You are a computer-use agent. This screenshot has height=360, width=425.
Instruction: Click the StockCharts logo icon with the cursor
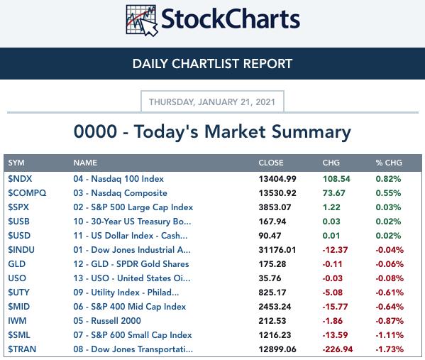coord(142,21)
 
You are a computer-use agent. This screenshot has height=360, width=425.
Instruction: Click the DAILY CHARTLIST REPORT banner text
coord(213,64)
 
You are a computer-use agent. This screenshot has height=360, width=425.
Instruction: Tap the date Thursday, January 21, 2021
coord(212,102)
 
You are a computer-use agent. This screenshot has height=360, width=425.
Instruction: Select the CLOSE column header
coord(271,163)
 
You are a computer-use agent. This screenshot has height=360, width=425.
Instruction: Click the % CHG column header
coord(389,163)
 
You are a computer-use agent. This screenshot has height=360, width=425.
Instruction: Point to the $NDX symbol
coord(20,179)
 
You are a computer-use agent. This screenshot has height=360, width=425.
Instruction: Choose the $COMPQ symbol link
coord(27,193)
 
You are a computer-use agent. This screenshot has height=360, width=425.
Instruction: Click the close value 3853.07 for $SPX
coord(275,207)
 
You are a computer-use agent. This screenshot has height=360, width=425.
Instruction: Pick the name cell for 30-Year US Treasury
coord(132,222)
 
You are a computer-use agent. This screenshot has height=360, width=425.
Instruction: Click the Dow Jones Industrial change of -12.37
coord(335,250)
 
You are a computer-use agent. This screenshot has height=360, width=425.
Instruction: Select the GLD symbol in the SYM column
coord(17,264)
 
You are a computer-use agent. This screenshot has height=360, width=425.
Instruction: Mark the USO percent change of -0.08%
coord(390,278)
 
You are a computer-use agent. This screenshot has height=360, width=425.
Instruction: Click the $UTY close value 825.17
coord(272,293)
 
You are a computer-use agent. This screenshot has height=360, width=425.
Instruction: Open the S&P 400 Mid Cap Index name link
coord(130,307)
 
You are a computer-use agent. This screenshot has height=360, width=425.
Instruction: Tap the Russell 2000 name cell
coord(107,321)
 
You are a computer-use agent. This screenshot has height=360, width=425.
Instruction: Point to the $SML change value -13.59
coord(335,335)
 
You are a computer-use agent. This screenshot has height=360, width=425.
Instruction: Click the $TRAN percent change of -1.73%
coord(390,349)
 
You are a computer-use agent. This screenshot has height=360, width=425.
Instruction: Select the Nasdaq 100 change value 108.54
coord(336,179)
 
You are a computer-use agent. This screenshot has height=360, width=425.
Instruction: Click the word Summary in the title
coord(311,132)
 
